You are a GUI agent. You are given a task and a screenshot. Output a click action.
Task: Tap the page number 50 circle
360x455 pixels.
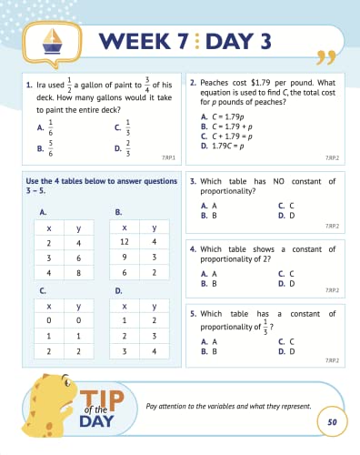point(332,423)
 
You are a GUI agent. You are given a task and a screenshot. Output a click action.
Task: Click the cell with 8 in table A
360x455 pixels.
point(80,272)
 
